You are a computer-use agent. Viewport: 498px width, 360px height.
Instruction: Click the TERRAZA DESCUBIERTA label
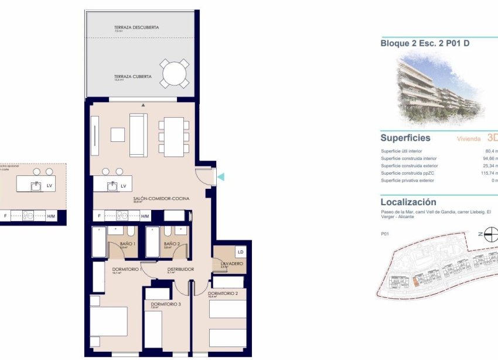pyautogui.click(x=136, y=28)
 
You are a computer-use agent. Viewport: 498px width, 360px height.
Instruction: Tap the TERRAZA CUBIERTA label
pyautogui.click(x=133, y=76)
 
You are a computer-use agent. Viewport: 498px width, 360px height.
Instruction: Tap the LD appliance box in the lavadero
pyautogui.click(x=240, y=252)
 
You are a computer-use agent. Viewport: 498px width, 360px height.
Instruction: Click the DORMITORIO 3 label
pyautogui.click(x=166, y=304)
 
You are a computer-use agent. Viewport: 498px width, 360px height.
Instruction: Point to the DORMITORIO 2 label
pyautogui.click(x=223, y=293)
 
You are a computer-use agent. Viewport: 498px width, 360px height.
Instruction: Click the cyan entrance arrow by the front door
pyautogui.click(x=220, y=176)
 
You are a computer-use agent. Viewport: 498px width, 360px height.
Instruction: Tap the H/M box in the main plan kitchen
pyautogui.click(x=145, y=216)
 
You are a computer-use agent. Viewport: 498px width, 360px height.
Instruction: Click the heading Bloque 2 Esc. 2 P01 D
pyautogui.click(x=417, y=43)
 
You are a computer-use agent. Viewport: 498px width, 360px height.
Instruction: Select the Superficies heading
pyautogui.click(x=405, y=138)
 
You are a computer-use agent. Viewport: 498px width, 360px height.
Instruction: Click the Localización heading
pyautogui.click(x=408, y=202)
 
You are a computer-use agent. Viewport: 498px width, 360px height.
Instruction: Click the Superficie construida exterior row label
pyautogui.click(x=409, y=166)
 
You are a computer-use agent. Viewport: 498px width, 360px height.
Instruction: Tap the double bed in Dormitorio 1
pyautogui.click(x=108, y=326)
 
